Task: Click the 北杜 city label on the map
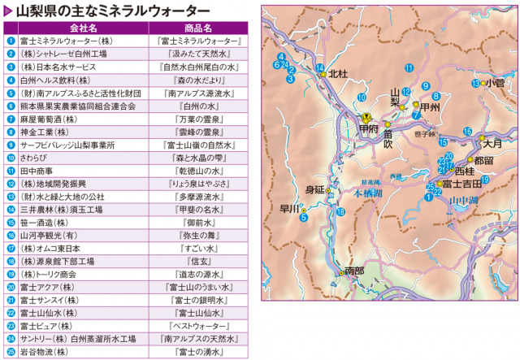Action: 337,73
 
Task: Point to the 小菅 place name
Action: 495,82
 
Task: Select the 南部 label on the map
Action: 354,271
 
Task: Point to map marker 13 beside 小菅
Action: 475,83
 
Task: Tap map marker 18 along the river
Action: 340,211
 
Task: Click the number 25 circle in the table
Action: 10,353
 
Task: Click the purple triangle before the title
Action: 8,9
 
